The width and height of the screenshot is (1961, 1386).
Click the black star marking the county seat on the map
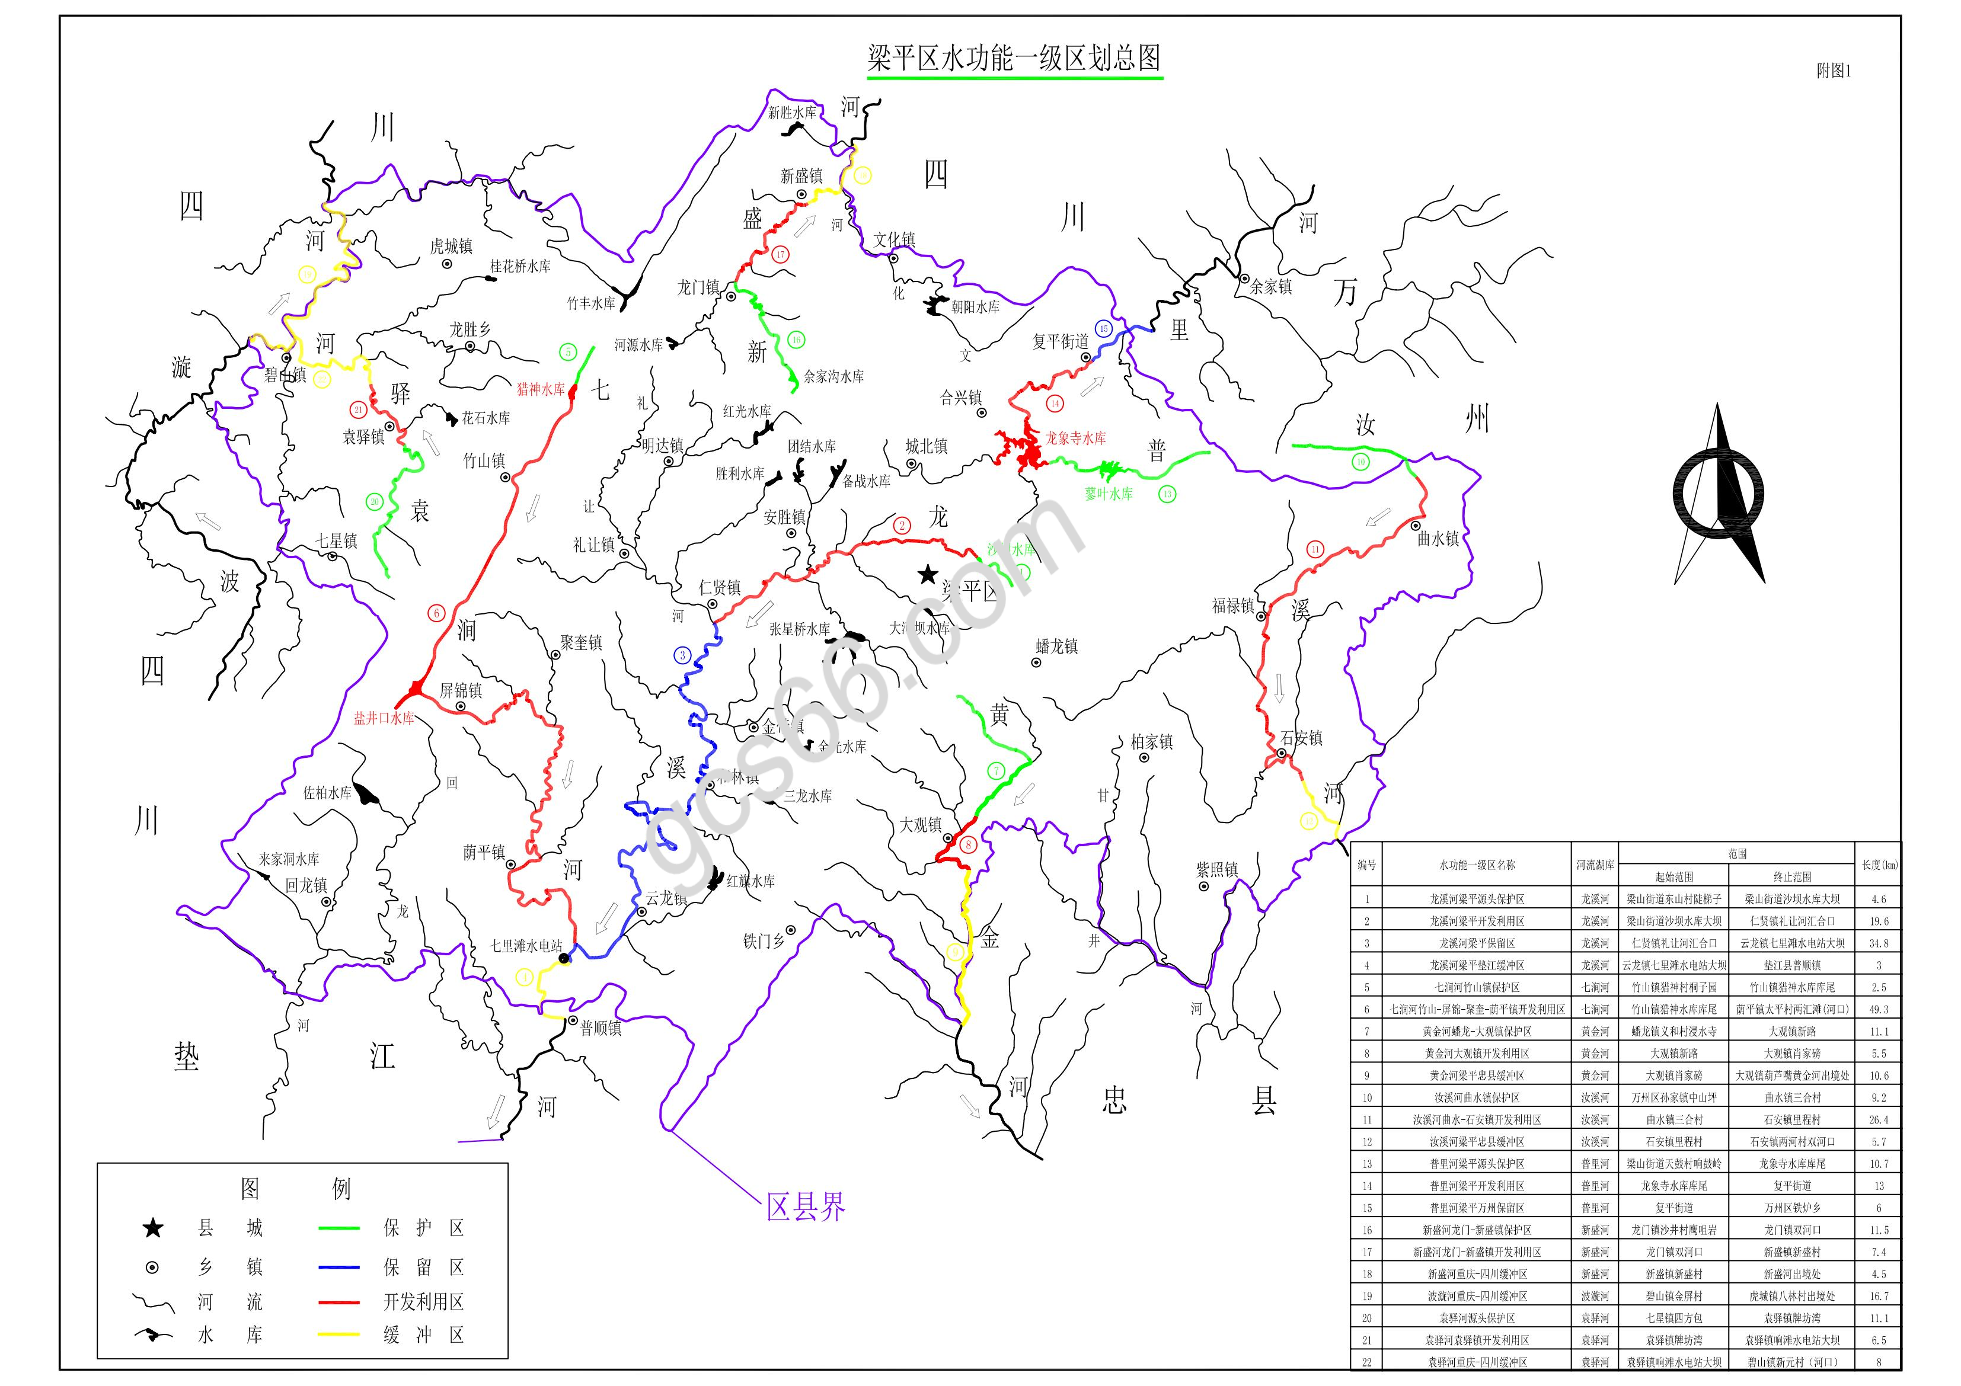pos(928,575)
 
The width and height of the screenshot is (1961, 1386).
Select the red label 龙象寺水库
pos(1075,438)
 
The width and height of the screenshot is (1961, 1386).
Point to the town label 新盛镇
pos(801,176)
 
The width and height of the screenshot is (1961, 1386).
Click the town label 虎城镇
pos(451,247)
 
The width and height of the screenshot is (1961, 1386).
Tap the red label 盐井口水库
pos(384,718)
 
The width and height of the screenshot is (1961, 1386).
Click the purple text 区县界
pos(806,1206)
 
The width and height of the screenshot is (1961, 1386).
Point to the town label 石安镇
pos(1301,738)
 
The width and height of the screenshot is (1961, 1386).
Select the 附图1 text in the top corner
pos(1833,72)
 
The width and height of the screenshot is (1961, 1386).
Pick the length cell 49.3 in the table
pos(1879,1009)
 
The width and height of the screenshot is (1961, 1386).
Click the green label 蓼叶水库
pos(1108,494)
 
